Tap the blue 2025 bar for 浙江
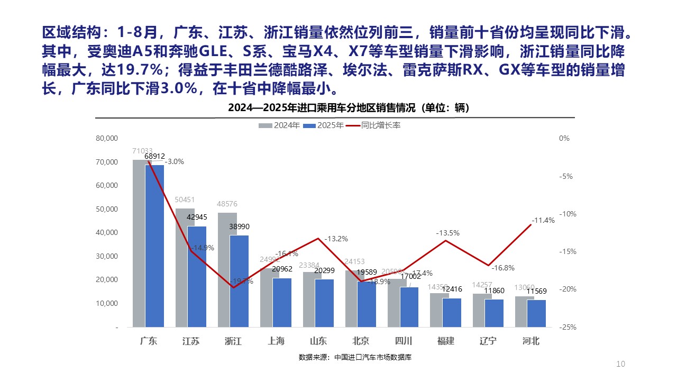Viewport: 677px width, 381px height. point(239,281)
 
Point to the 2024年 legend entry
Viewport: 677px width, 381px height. point(280,125)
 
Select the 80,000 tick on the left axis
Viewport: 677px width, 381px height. point(106,139)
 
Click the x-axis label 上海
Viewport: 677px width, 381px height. point(276,341)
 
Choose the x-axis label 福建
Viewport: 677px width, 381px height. point(445,341)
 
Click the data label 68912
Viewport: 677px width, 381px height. point(154,156)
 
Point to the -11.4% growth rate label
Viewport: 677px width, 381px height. point(543,220)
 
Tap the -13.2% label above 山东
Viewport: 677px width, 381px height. point(336,239)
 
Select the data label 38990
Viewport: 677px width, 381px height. point(239,226)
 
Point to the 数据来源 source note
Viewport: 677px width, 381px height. point(355,357)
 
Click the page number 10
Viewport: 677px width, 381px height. point(621,364)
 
